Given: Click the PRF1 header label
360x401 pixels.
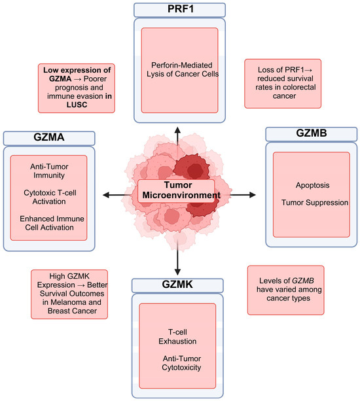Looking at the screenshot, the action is [181, 9].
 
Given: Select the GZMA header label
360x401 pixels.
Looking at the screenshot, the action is [49, 137].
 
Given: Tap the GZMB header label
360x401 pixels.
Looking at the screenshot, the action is [312, 133].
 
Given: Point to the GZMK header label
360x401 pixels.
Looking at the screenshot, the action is [177, 284].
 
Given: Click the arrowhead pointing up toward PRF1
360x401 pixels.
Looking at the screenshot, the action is [177, 130].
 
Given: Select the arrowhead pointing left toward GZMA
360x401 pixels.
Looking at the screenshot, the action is [106, 195].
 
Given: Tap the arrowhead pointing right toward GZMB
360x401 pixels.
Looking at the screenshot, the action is [252, 195].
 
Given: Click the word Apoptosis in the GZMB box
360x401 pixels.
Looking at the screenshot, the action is [312, 185].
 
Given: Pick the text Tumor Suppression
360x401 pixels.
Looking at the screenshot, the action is [315, 203].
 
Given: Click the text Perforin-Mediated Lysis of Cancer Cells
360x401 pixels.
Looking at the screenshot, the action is [183, 69].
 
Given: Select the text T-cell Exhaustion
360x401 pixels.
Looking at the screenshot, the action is [177, 336].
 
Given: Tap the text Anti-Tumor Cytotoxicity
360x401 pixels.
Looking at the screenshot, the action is [182, 363].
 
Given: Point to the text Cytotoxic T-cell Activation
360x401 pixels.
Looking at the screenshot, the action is [50, 197].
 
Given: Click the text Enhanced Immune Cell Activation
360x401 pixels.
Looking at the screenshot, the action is [52, 223].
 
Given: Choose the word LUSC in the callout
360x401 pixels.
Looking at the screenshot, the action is [77, 105].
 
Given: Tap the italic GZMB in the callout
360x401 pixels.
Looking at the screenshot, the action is [302, 281].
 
